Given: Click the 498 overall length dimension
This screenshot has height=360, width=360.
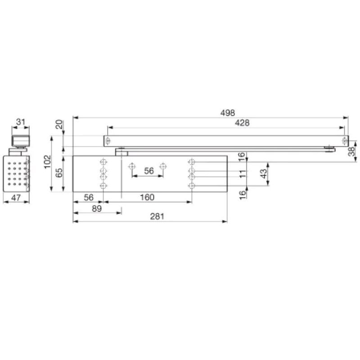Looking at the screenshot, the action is pyautogui.click(x=228, y=113).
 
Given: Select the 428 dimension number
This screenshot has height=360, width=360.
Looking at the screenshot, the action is pyautogui.click(x=242, y=123).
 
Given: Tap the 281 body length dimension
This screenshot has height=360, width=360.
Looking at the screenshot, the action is pyautogui.click(x=157, y=216).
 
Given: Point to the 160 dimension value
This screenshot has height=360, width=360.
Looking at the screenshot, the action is pyautogui.click(x=147, y=197).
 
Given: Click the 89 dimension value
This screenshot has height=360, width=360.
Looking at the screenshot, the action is pyautogui.click(x=97, y=209).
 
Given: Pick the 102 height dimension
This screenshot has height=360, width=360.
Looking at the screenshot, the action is pyautogui.click(x=48, y=162).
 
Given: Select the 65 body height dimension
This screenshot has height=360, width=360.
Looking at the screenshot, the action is pyautogui.click(x=59, y=173).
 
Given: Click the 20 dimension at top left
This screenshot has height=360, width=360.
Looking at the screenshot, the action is pyautogui.click(x=59, y=124).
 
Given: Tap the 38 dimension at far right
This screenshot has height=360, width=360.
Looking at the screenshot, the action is pyautogui.click(x=352, y=152).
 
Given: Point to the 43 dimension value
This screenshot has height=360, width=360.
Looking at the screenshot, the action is pyautogui.click(x=264, y=174).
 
